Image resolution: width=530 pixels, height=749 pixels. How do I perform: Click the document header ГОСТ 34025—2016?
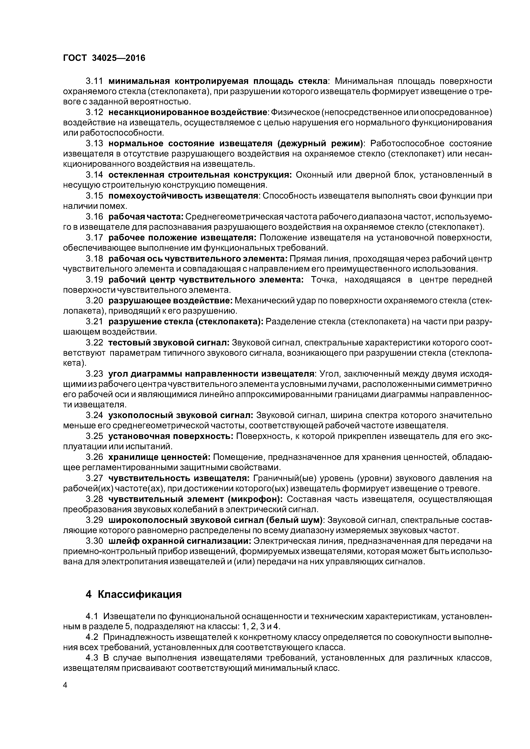click(x=104, y=58)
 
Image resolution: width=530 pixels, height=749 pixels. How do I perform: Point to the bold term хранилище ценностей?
click(x=159, y=457)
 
